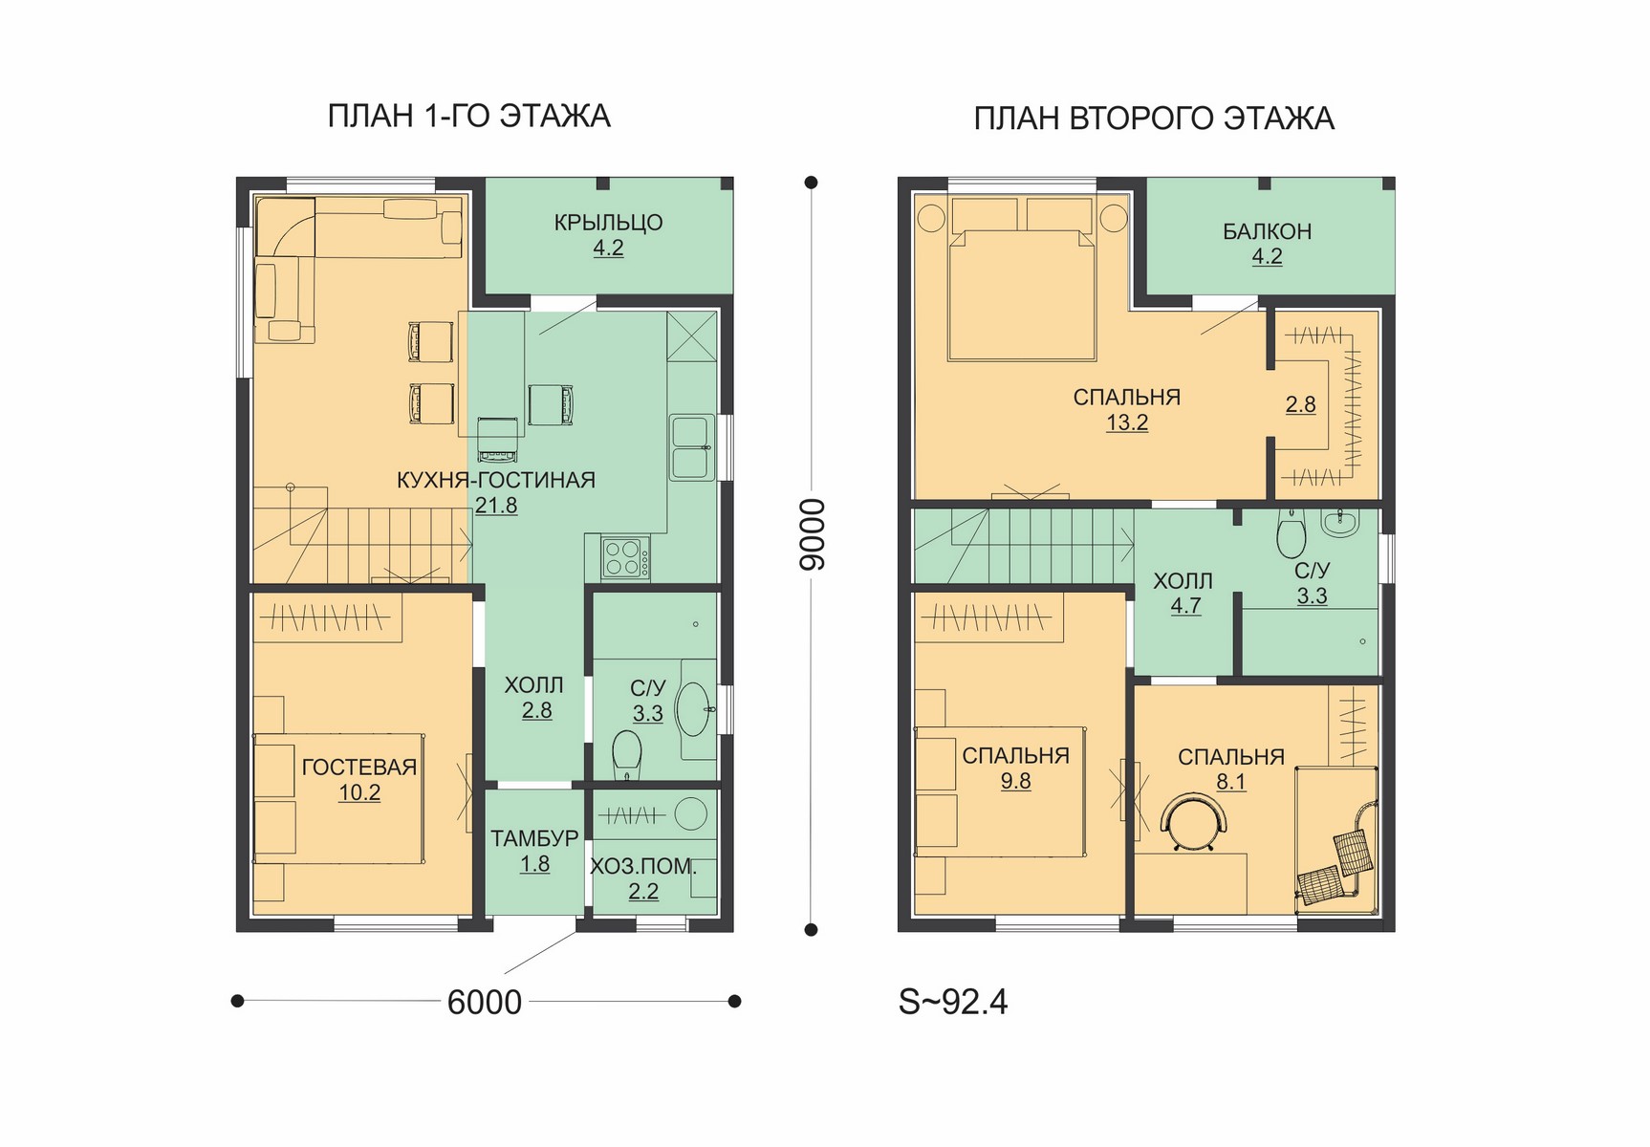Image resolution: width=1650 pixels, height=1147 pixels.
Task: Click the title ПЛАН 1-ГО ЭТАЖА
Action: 468,116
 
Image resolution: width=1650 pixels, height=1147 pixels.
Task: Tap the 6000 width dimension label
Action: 485,1002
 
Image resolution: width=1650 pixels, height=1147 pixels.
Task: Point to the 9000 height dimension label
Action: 811,534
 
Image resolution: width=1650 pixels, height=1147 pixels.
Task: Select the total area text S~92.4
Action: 953,1001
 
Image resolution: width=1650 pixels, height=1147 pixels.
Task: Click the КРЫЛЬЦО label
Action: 608,223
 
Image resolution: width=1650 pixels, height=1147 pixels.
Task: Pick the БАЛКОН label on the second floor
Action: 1267,231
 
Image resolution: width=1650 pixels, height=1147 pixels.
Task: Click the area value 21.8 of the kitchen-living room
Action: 496,505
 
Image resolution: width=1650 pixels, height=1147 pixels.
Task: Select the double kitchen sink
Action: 691,447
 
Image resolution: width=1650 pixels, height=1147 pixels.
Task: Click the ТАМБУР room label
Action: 534,838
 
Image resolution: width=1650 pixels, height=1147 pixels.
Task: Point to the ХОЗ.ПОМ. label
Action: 643,867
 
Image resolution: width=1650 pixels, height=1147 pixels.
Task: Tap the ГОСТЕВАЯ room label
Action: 359,767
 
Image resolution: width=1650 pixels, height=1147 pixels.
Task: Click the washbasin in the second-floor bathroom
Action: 1339,523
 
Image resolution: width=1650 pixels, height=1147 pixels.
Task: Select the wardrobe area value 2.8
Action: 1300,404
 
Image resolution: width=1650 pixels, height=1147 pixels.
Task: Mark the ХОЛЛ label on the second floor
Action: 1183,581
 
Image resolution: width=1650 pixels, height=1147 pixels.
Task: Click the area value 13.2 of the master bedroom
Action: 1127,422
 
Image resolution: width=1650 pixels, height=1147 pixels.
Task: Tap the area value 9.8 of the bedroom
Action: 1015,781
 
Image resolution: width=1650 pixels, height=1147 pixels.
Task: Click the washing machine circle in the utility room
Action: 689,814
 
